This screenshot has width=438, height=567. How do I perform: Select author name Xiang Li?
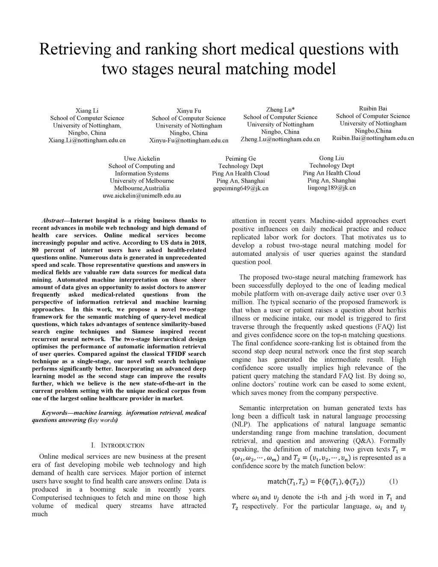pos(87,110)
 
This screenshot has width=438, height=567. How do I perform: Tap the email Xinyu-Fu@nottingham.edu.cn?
pos(189,140)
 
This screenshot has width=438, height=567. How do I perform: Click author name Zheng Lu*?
pos(280,110)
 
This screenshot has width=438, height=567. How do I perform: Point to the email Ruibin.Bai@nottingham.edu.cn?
pos(373,138)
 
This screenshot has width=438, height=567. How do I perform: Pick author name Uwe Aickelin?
pos(142,158)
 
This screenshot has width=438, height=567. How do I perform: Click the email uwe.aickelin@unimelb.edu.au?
pos(142,196)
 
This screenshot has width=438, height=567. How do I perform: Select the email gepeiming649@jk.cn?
pos(240,188)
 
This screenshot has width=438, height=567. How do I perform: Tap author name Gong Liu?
pos(331,158)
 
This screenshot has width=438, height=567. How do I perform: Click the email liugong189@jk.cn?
pos(331,187)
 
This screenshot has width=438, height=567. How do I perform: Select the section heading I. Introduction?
pos(118,445)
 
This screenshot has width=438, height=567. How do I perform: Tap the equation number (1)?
pos(393,481)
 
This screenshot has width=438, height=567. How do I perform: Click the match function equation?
pos(316,482)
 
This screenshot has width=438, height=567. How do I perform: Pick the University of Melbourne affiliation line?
pos(142,181)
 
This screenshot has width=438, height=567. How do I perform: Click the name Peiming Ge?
pos(240,158)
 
